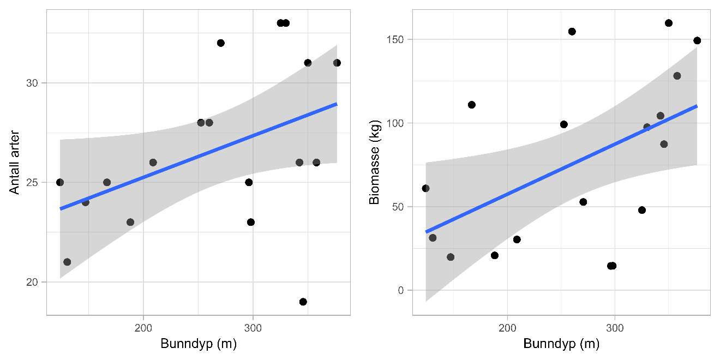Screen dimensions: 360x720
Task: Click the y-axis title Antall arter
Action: click(14, 162)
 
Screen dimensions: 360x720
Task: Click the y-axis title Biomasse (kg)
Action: click(374, 162)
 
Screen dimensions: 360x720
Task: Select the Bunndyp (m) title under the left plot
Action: click(198, 345)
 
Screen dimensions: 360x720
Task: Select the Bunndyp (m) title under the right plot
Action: click(561, 345)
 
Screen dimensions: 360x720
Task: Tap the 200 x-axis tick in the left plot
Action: click(143, 326)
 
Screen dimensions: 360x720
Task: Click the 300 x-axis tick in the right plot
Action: click(615, 326)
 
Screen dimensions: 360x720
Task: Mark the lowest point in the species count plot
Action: click(303, 302)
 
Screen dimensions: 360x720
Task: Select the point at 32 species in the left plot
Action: click(221, 43)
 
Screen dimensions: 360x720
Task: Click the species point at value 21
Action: click(67, 262)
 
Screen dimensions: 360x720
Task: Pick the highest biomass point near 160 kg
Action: click(669, 23)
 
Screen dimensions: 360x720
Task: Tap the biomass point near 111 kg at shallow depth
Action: click(472, 105)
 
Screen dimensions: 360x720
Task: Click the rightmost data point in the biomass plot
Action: click(697, 40)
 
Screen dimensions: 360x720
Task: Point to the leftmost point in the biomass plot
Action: click(425, 188)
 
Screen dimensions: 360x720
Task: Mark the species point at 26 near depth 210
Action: click(153, 163)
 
